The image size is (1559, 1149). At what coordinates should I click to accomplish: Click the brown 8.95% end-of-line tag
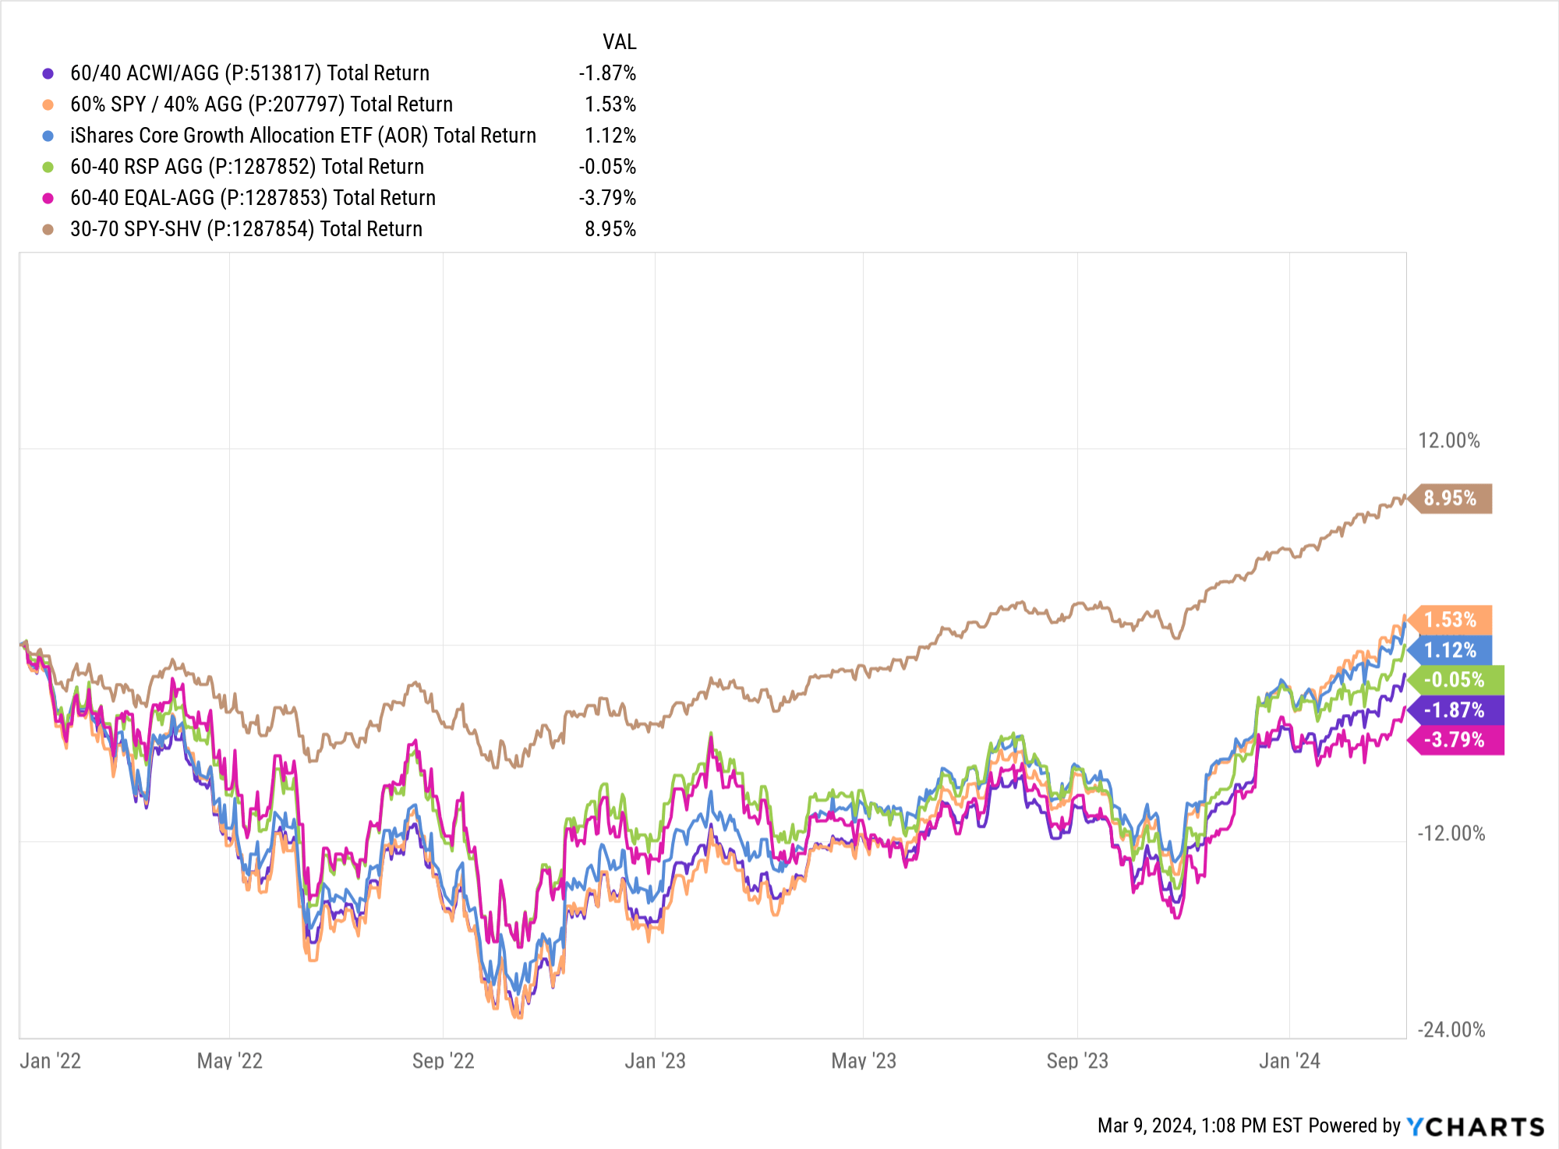point(1451,498)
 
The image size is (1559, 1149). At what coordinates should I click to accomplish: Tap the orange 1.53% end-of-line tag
point(1451,620)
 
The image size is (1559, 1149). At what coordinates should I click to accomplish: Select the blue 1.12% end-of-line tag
point(1451,650)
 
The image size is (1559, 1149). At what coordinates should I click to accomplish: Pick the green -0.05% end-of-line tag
point(1455,680)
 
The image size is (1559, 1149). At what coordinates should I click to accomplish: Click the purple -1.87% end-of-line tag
point(1455,710)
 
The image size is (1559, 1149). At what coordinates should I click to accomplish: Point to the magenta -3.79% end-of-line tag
point(1455,740)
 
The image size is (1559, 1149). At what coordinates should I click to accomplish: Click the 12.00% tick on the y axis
point(1448,440)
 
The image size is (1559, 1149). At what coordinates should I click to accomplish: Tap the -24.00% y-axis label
point(1451,1030)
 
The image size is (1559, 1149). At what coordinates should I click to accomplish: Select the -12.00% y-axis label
point(1451,833)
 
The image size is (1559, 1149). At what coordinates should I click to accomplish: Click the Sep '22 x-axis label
point(443,1061)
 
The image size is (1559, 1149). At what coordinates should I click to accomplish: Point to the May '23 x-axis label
point(864,1061)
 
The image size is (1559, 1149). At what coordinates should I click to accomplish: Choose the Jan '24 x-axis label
point(1289,1061)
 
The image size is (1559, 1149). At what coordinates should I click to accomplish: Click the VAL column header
point(619,42)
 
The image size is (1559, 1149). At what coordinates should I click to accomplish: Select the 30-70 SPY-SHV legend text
point(246,229)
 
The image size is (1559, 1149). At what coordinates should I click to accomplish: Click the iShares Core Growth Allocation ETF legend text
point(303,136)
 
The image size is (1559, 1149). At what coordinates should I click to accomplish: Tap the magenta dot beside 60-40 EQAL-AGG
point(48,198)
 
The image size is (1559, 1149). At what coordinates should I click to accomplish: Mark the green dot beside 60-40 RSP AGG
point(48,167)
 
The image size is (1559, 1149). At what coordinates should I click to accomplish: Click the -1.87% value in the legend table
point(607,73)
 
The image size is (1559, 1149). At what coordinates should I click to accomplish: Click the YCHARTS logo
point(1475,1126)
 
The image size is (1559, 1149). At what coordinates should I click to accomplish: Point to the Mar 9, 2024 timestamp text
point(1200,1126)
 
